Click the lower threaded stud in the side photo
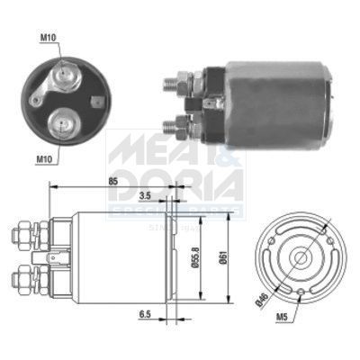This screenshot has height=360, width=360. (169, 126)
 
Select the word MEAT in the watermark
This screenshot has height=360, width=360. (144, 144)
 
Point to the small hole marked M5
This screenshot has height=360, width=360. (297, 291)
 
